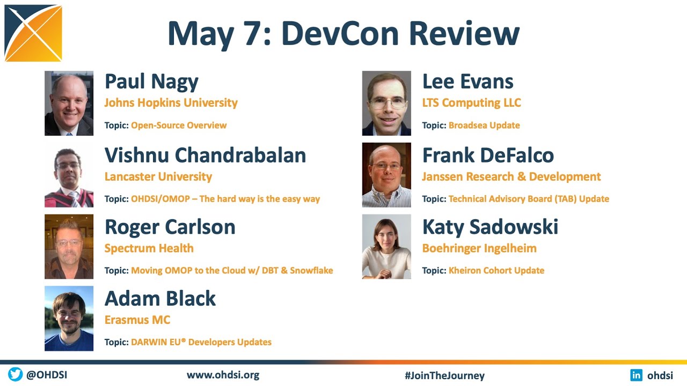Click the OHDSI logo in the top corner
point(33,33)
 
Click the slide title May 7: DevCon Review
point(343,33)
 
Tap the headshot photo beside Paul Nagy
point(69,103)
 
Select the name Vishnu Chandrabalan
point(205,155)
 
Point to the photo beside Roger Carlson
point(69,247)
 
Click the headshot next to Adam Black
point(69,318)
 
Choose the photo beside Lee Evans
point(386,103)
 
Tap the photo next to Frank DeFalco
point(386,175)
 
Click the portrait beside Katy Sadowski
point(386,247)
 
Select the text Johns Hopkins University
point(171,102)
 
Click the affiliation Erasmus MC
point(137,320)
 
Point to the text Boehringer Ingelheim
point(479,248)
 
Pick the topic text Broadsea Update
point(484,125)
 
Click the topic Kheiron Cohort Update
point(496,270)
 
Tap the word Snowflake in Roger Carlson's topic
point(311,270)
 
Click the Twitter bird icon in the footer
point(15,375)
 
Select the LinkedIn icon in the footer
point(637,375)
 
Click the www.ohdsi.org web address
point(223,375)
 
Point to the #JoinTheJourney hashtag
point(444,376)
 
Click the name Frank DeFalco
point(488,155)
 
